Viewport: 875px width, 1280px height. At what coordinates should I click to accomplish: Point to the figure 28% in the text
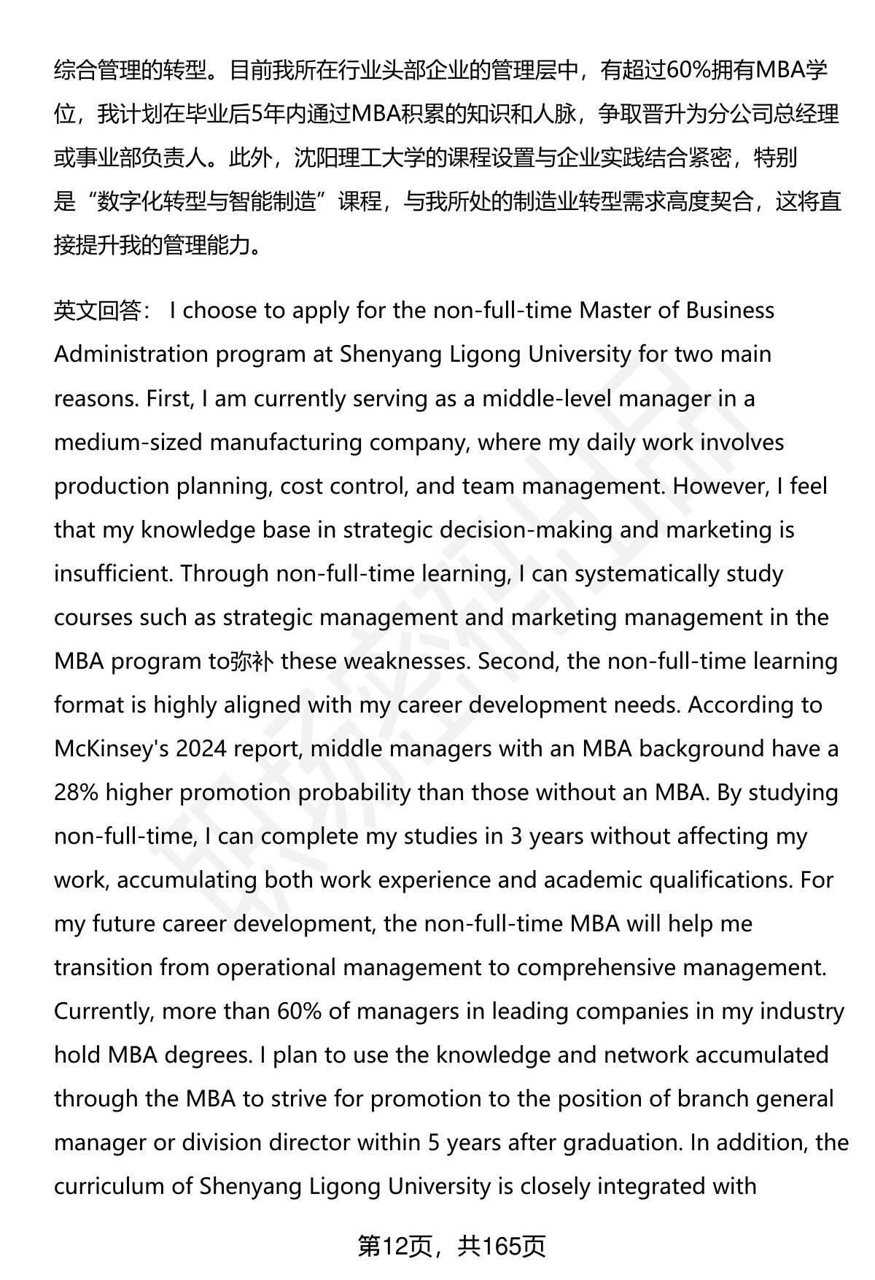[76, 793]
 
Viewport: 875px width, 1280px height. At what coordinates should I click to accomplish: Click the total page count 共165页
[502, 1246]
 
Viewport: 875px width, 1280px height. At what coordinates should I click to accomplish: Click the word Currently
[101, 1012]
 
